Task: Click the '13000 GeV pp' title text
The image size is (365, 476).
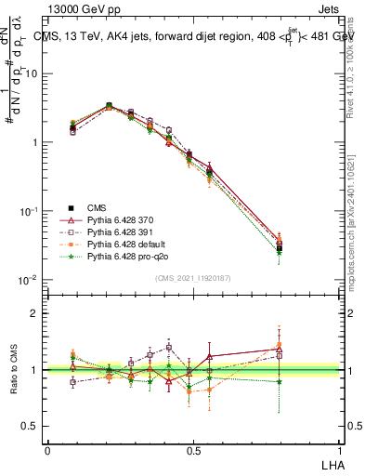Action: point(80,8)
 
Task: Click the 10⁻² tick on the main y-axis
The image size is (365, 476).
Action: point(29,280)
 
